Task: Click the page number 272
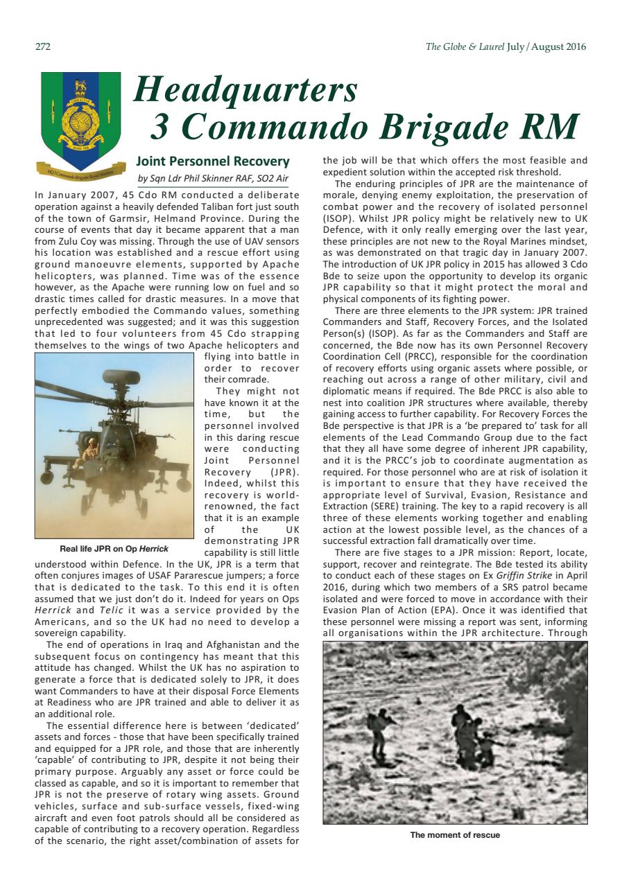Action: click(x=42, y=47)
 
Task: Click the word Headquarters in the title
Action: click(x=246, y=89)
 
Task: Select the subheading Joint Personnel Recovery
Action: click(x=213, y=161)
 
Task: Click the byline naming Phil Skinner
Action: click(x=213, y=178)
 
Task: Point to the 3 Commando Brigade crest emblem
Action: click(x=80, y=114)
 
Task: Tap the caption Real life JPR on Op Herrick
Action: click(x=114, y=549)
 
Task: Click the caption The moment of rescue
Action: click(x=455, y=834)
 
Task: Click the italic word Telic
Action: click(x=112, y=611)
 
